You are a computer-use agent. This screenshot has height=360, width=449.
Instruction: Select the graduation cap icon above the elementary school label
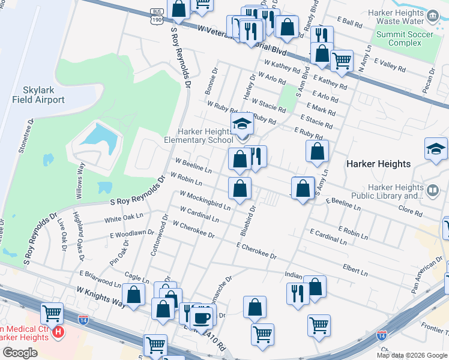coord(241,126)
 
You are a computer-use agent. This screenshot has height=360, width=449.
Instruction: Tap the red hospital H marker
coord(58,331)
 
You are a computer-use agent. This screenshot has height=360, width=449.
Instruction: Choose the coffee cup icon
coord(202,317)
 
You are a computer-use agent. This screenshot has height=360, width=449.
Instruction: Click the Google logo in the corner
coord(20,353)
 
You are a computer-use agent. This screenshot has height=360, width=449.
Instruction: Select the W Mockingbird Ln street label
coord(205,200)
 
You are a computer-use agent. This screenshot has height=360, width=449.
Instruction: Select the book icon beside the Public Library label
coord(432,191)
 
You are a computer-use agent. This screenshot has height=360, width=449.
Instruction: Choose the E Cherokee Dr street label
coord(256,251)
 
